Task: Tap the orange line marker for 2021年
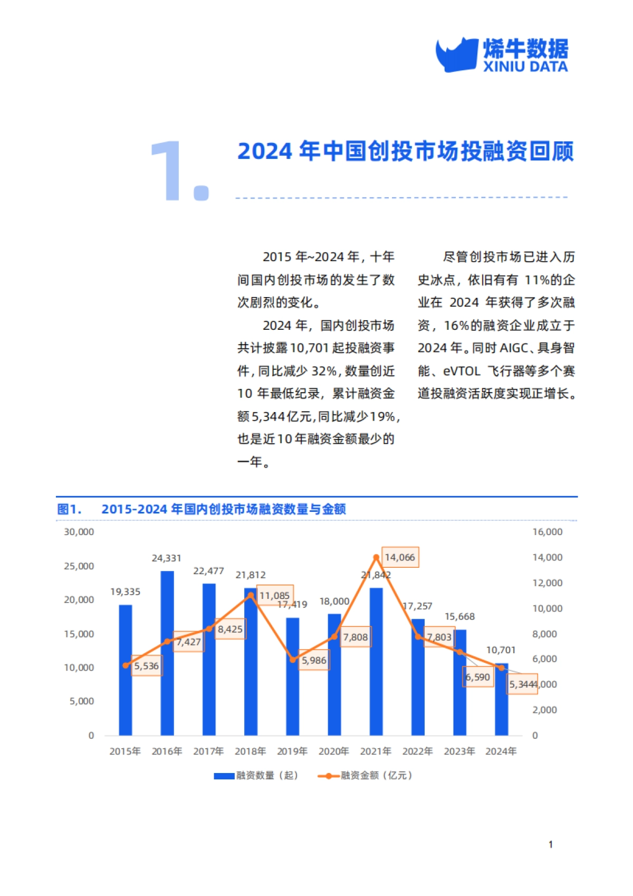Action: point(376,557)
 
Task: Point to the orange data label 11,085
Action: point(274,596)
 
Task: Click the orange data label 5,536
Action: point(146,666)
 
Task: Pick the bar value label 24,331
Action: point(167,558)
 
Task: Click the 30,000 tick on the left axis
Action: point(79,532)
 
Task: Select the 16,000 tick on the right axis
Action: point(548,532)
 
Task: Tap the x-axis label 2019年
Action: point(292,751)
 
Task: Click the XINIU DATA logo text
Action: point(525,67)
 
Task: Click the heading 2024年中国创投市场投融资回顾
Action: point(405,151)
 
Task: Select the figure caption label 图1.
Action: point(69,509)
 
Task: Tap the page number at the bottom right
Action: point(551,845)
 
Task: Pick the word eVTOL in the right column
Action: point(462,371)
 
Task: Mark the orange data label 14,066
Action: point(400,557)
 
